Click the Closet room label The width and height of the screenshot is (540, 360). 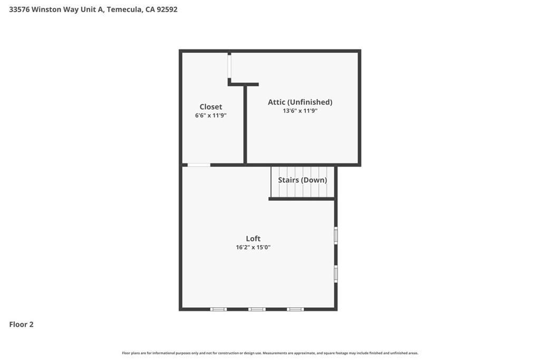pos(211,106)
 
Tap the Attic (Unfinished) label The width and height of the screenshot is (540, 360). pos(300,102)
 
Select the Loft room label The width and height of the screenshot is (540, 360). pos(253,239)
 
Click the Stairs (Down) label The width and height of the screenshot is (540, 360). pos(302,180)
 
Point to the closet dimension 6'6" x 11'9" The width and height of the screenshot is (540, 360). pos(211,115)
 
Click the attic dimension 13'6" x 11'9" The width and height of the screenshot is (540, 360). pos(300,111)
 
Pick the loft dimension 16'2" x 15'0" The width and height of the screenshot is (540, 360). pos(253,247)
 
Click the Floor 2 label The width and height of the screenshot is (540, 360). pos(21,324)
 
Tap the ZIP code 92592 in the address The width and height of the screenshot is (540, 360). pos(167,9)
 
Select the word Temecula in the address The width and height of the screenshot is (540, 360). pos(123,9)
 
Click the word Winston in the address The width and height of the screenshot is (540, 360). pos(46,9)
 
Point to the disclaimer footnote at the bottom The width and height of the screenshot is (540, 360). pos(270,353)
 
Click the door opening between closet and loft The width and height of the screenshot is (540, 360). pos(199,165)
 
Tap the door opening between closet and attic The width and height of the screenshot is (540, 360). pos(229,66)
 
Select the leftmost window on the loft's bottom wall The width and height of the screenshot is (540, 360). pos(218,309)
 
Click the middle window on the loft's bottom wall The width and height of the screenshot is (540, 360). pos(257,309)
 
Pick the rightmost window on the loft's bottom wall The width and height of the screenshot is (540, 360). pos(295,309)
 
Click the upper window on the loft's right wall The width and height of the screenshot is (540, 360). pos(336,236)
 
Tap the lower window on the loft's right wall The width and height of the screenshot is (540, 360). pos(336,274)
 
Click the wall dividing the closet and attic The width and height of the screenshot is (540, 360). pos(245,124)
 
